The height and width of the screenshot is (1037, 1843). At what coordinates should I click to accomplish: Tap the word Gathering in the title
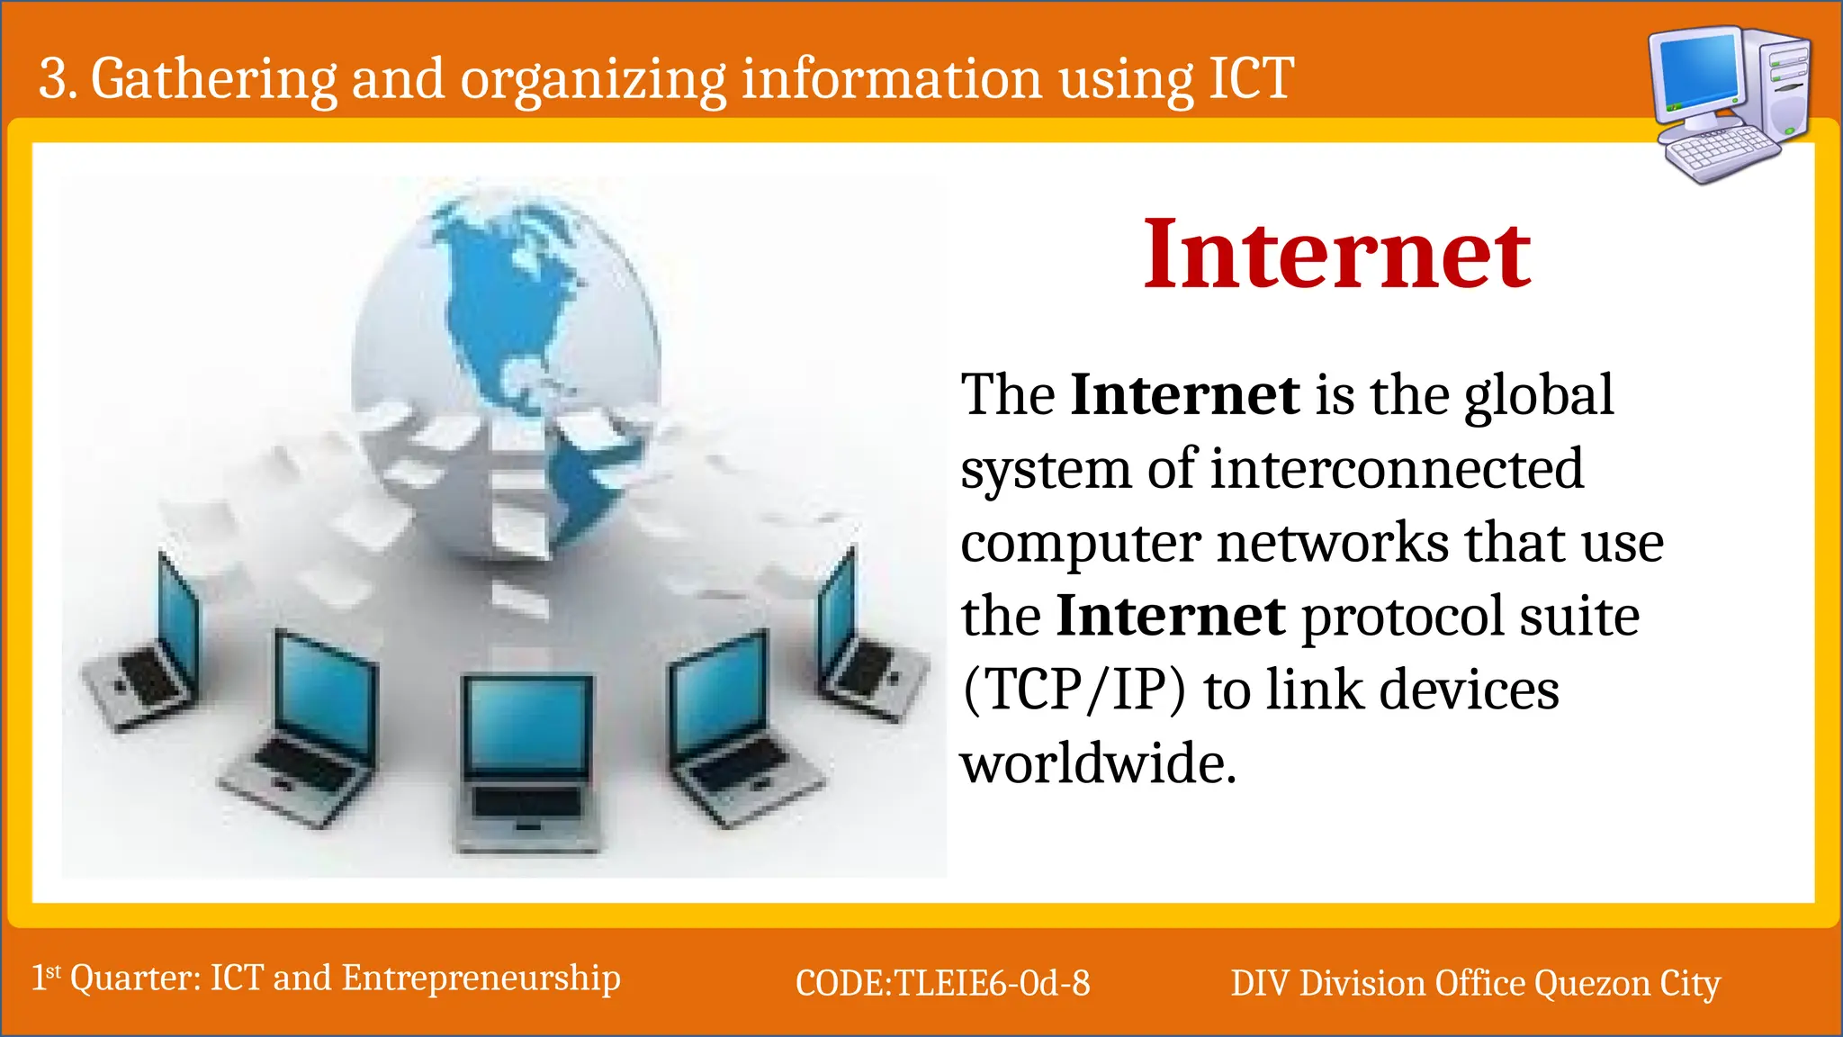tap(214, 79)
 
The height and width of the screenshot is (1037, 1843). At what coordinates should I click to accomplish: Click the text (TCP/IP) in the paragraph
tap(1074, 690)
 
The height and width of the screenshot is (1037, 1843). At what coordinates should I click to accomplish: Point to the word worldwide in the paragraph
tap(1098, 763)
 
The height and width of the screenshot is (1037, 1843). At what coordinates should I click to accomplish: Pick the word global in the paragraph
tap(1538, 396)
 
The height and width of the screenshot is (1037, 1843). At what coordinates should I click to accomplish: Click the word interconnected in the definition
tap(1396, 469)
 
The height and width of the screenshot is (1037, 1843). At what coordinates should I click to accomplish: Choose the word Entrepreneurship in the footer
tap(481, 978)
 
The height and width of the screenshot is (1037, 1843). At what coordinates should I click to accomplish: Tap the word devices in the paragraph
tap(1470, 690)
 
